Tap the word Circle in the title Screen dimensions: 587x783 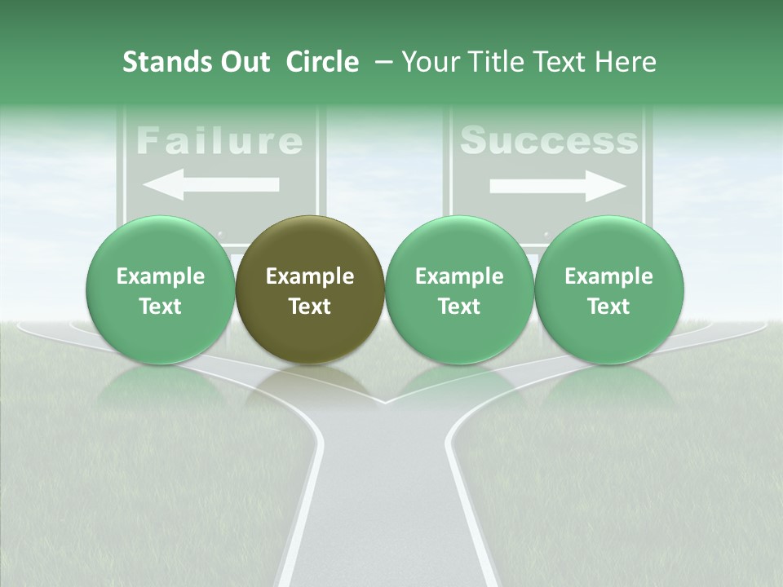[322, 62]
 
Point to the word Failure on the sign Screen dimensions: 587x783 [219, 141]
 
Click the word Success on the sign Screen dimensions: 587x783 [549, 141]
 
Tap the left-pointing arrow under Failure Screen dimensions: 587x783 [210, 185]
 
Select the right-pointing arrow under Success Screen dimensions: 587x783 [558, 187]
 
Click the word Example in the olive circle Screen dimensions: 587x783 [310, 276]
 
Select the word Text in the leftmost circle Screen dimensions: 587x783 [160, 307]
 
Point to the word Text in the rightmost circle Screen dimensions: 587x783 [608, 307]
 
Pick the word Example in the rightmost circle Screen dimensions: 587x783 [608, 276]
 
